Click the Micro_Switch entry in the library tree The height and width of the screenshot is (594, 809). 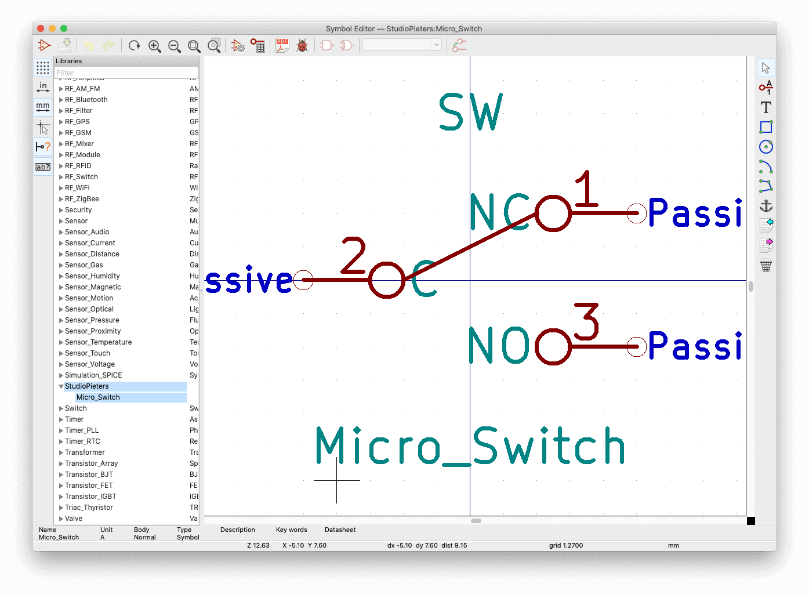click(98, 397)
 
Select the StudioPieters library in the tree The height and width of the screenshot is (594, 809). click(87, 386)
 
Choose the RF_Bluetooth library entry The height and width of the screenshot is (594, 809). click(86, 100)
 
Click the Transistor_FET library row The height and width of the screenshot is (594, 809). click(89, 486)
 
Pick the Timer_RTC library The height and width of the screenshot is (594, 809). click(82, 441)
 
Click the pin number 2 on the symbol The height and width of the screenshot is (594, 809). click(353, 255)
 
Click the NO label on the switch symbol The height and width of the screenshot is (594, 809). click(499, 346)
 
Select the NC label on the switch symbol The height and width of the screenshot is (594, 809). click(499, 212)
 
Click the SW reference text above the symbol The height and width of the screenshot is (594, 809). click(470, 113)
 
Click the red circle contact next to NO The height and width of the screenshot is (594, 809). click(553, 347)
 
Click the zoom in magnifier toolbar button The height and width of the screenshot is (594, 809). click(154, 46)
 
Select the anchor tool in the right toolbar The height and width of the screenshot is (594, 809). click(766, 206)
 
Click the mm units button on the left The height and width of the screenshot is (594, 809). click(43, 107)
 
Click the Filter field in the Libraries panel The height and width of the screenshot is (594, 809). click(126, 73)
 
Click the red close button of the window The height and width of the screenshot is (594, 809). click(41, 28)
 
